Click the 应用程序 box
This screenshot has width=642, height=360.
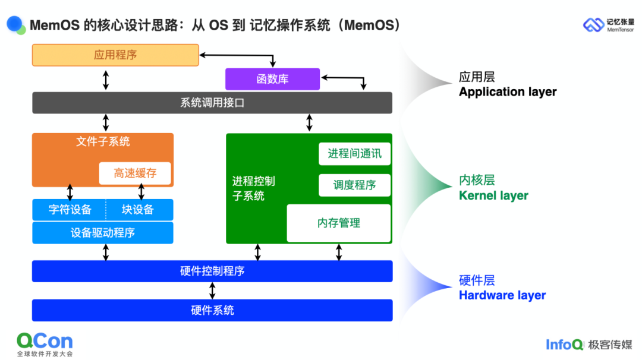tap(115, 55)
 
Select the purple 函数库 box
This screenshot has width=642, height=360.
tap(272, 79)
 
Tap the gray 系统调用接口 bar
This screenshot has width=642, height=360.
tap(212, 103)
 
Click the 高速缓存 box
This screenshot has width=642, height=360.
tap(135, 173)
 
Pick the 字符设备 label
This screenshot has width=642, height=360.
tap(70, 210)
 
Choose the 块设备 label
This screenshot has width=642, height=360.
tap(138, 210)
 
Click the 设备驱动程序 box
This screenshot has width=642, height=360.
tap(103, 233)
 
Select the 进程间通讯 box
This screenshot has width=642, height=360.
tap(355, 154)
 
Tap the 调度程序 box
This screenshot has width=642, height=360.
tap(355, 185)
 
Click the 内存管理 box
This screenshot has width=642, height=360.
tap(339, 223)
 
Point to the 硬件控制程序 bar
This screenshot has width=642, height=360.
tap(212, 271)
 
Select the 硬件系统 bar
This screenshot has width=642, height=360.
tap(212, 310)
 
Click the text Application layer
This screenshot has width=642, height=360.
tap(508, 92)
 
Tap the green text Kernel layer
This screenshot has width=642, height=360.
tap(493, 195)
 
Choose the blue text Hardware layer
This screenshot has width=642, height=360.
tap(502, 295)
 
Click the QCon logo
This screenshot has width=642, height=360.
tap(45, 341)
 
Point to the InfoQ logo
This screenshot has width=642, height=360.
tap(564, 345)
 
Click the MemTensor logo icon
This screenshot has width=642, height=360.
tap(593, 25)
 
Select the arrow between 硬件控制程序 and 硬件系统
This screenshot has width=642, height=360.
tap(212, 290)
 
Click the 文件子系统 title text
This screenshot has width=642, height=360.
tap(103, 142)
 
